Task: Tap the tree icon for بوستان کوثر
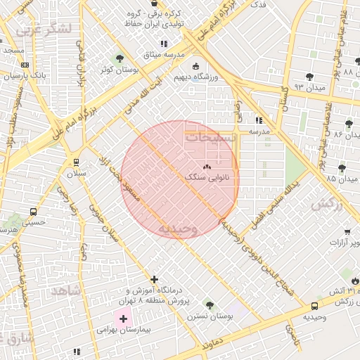tap(119, 58)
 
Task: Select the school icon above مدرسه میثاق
tap(164, 44)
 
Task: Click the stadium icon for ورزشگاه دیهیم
tap(195, 67)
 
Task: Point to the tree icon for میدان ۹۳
tap(309, 77)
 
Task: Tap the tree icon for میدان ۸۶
tap(349, 124)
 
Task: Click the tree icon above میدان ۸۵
tap(342, 168)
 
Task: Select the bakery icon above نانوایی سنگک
tap(207, 167)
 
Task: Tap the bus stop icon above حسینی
tap(33, 211)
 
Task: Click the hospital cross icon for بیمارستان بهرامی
tap(124, 319)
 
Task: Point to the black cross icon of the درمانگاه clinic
tap(155, 279)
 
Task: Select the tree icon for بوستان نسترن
tap(209, 305)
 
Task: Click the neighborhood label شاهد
tap(63, 290)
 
